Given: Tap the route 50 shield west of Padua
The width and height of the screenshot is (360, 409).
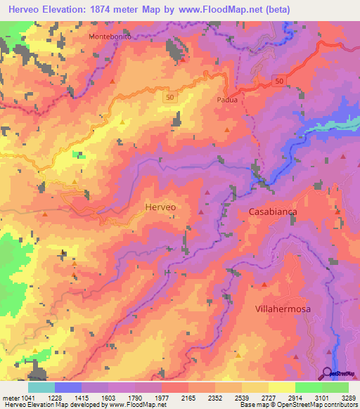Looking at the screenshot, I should pyautogui.click(x=169, y=97).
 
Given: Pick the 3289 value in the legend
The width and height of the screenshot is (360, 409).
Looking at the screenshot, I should pyautogui.click(x=347, y=397).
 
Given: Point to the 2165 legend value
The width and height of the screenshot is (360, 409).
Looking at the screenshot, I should pyautogui.click(x=189, y=397).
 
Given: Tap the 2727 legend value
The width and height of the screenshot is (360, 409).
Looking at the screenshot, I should pyautogui.click(x=268, y=397).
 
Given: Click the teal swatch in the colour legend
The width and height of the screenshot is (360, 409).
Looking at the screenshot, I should pyautogui.click(x=41, y=387).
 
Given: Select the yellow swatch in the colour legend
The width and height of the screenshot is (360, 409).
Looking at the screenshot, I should pyautogui.click(x=281, y=387).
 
